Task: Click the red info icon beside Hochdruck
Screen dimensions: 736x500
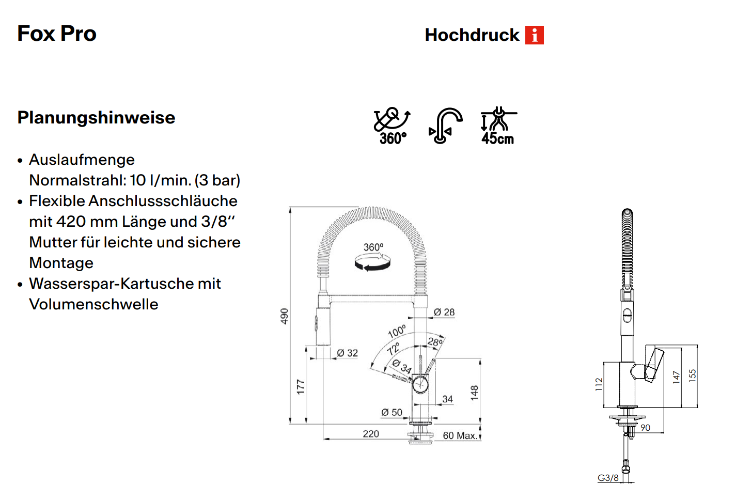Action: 534,35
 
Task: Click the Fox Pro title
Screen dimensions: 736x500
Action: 57,34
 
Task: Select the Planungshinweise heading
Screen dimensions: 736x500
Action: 96,118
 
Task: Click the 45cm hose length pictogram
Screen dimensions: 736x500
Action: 498,126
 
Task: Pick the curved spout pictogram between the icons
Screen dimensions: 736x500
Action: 446,126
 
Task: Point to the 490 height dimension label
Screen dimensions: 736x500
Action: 284,316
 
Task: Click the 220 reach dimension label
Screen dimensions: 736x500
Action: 371,434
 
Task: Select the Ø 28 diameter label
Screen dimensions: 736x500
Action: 444,312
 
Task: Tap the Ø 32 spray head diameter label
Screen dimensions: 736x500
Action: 347,353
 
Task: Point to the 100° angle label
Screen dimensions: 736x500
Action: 397,332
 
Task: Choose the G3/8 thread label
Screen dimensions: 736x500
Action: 608,478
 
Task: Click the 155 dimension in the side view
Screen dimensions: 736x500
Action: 692,376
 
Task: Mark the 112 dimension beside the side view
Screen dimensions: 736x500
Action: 599,384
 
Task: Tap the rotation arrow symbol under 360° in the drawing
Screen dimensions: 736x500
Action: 372,262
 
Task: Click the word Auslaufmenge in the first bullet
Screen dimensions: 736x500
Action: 82,160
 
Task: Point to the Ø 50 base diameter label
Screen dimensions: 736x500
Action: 392,412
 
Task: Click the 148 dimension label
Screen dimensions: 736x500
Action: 474,393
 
